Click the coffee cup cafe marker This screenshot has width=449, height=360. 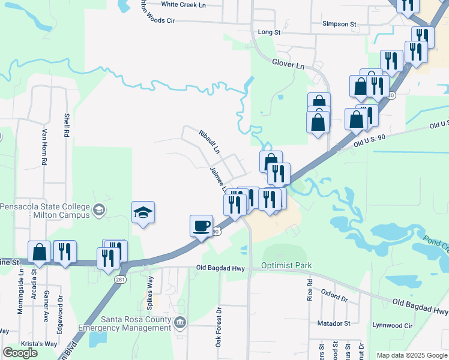(x=201, y=226)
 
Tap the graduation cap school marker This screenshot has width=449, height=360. (x=143, y=212)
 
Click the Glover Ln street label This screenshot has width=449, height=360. (x=289, y=63)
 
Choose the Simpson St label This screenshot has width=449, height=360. (x=339, y=25)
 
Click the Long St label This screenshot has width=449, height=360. (x=269, y=32)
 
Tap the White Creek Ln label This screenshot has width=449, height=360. (x=183, y=4)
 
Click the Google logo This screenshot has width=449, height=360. (x=20, y=353)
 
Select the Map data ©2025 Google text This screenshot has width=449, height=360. (x=412, y=355)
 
